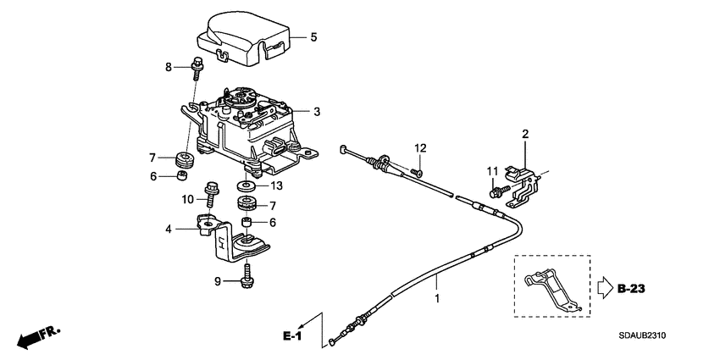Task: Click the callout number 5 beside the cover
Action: point(313,37)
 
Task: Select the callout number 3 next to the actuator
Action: point(317,112)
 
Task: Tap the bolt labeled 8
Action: point(197,68)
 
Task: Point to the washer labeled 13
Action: point(247,186)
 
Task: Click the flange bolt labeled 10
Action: point(211,195)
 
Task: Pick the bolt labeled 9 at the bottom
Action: point(247,274)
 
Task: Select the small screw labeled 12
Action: point(417,173)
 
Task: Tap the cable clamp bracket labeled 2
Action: point(523,186)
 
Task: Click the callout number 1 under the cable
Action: point(437,298)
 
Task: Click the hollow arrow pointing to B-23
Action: point(604,288)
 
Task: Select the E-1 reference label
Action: point(291,336)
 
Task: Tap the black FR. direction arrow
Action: point(29,341)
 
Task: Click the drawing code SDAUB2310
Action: point(642,335)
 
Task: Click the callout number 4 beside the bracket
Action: point(169,229)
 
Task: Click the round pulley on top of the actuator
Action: point(241,98)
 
